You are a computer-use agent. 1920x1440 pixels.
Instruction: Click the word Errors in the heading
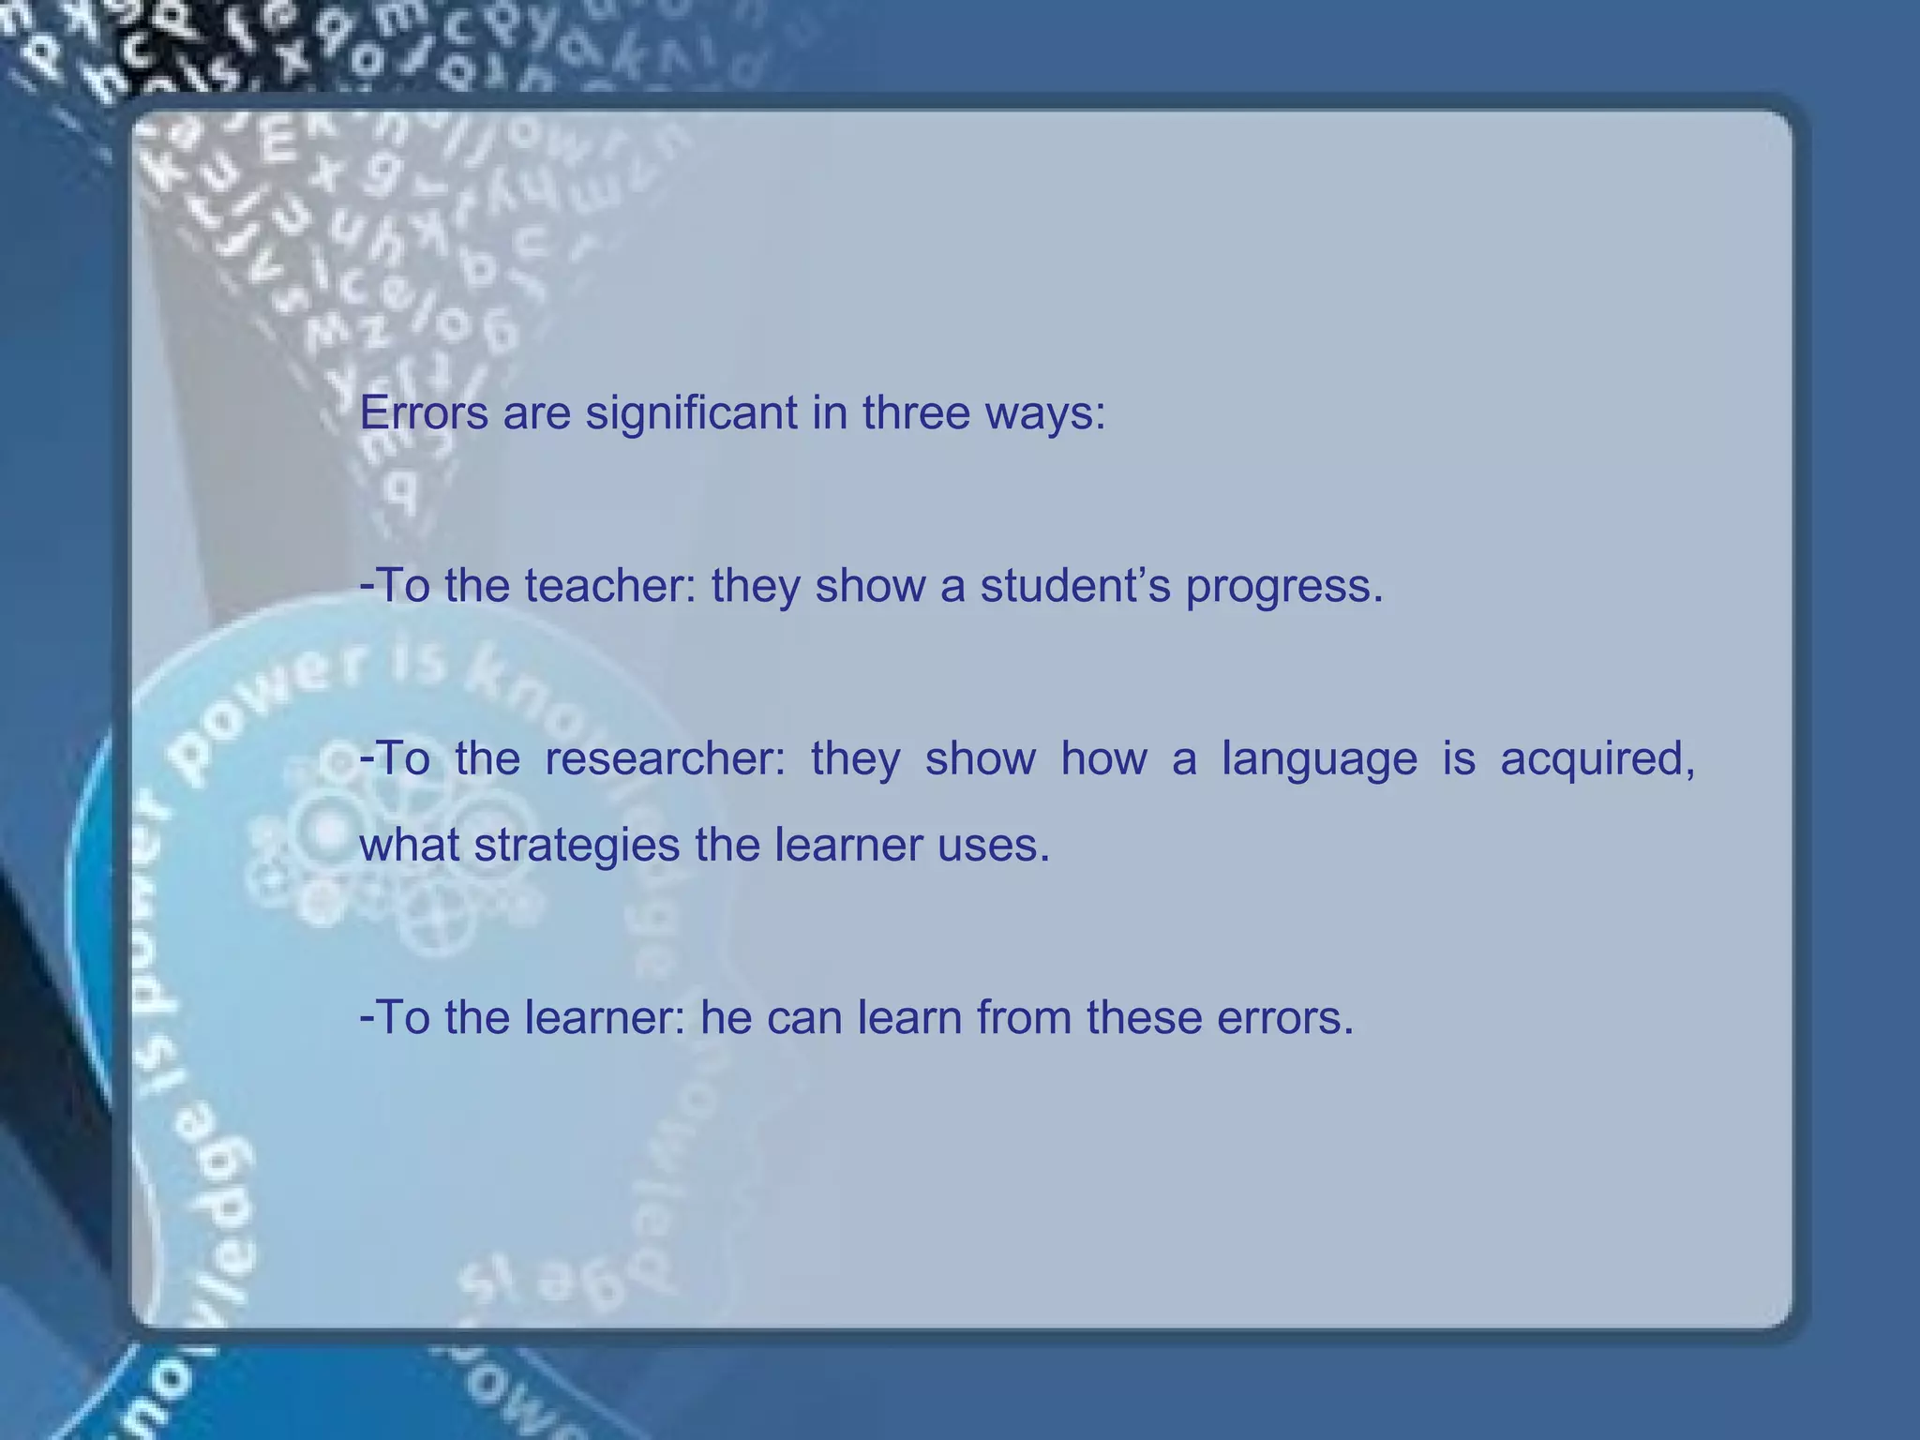click(x=424, y=413)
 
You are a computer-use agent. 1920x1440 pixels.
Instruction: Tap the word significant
click(x=691, y=413)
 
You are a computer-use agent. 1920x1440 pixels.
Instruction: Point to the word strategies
click(x=577, y=847)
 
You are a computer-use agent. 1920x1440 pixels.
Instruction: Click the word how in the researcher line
click(x=1103, y=758)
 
